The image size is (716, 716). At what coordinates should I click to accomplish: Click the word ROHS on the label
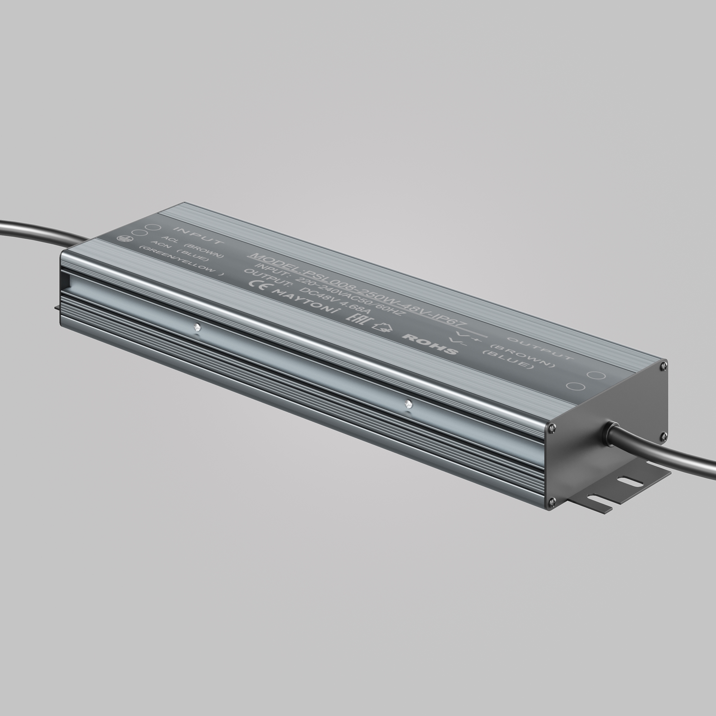click(x=430, y=344)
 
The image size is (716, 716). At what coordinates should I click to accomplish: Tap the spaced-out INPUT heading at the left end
click(x=198, y=235)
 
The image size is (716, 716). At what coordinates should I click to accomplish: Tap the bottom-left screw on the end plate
click(x=551, y=502)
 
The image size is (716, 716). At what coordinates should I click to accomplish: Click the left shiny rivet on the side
click(x=197, y=327)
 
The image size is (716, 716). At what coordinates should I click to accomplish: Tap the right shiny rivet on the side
click(x=408, y=403)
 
